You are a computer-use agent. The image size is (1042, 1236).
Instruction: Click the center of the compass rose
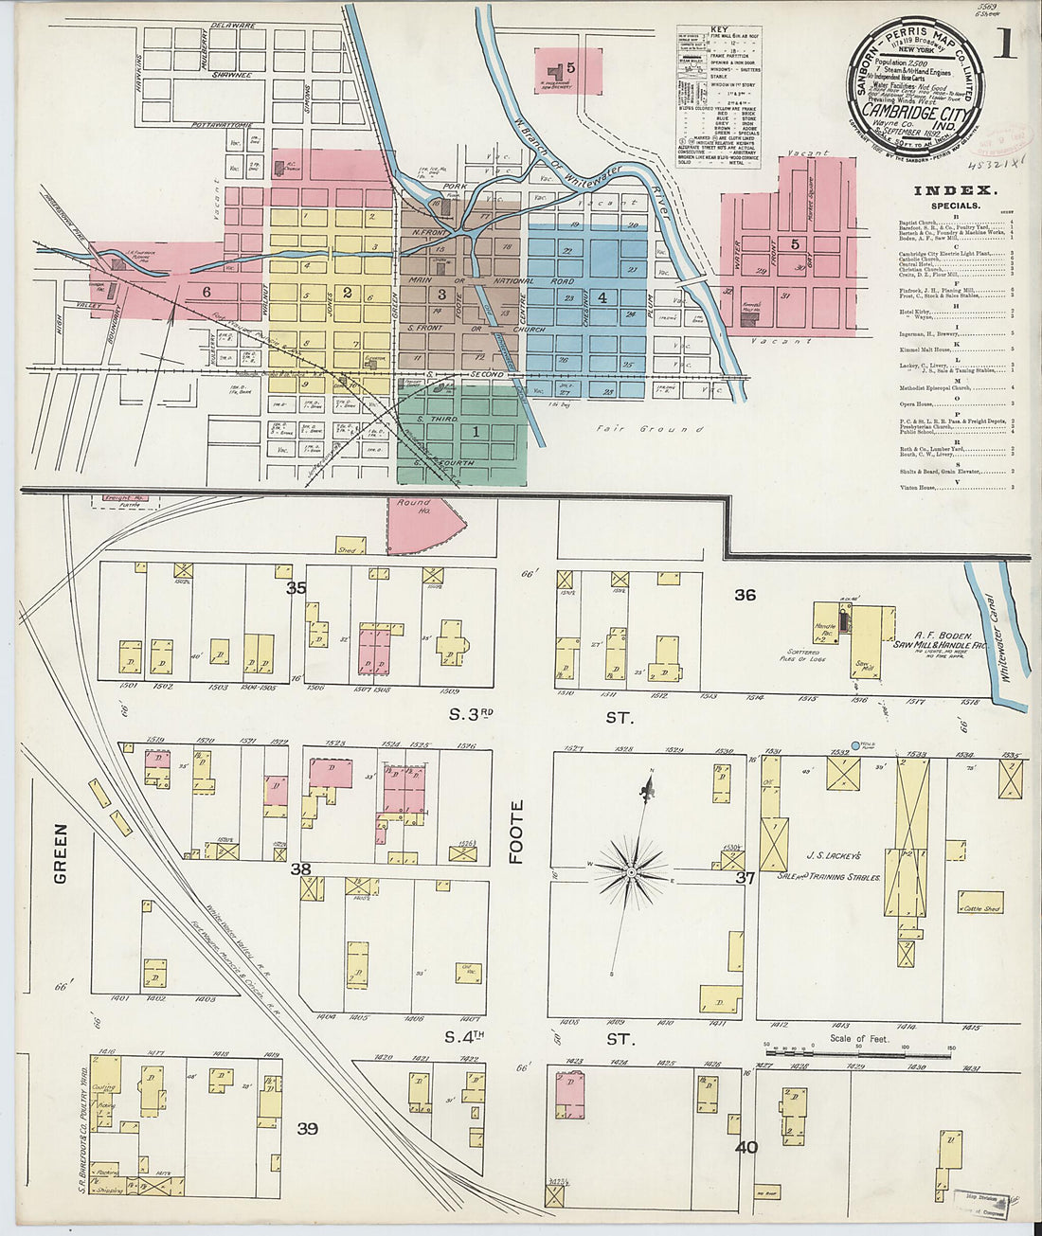pyautogui.click(x=630, y=869)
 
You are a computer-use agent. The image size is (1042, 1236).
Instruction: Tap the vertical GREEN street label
pyautogui.click(x=61, y=853)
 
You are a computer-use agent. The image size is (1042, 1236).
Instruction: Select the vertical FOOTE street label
pyautogui.click(x=516, y=832)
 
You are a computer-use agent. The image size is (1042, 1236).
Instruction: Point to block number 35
pyautogui.click(x=296, y=588)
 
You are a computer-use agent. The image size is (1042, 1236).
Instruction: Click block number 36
pyautogui.click(x=746, y=595)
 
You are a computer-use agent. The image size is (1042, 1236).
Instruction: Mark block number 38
pyautogui.click(x=300, y=869)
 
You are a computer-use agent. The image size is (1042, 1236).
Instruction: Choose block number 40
pyautogui.click(x=746, y=1147)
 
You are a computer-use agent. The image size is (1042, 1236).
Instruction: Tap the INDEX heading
pyautogui.click(x=952, y=191)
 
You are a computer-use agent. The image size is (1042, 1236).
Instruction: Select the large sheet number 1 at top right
pyautogui.click(x=1003, y=45)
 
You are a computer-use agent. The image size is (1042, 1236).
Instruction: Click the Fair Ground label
pyautogui.click(x=650, y=429)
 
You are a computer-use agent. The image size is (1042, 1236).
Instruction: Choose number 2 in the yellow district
pyautogui.click(x=348, y=293)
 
